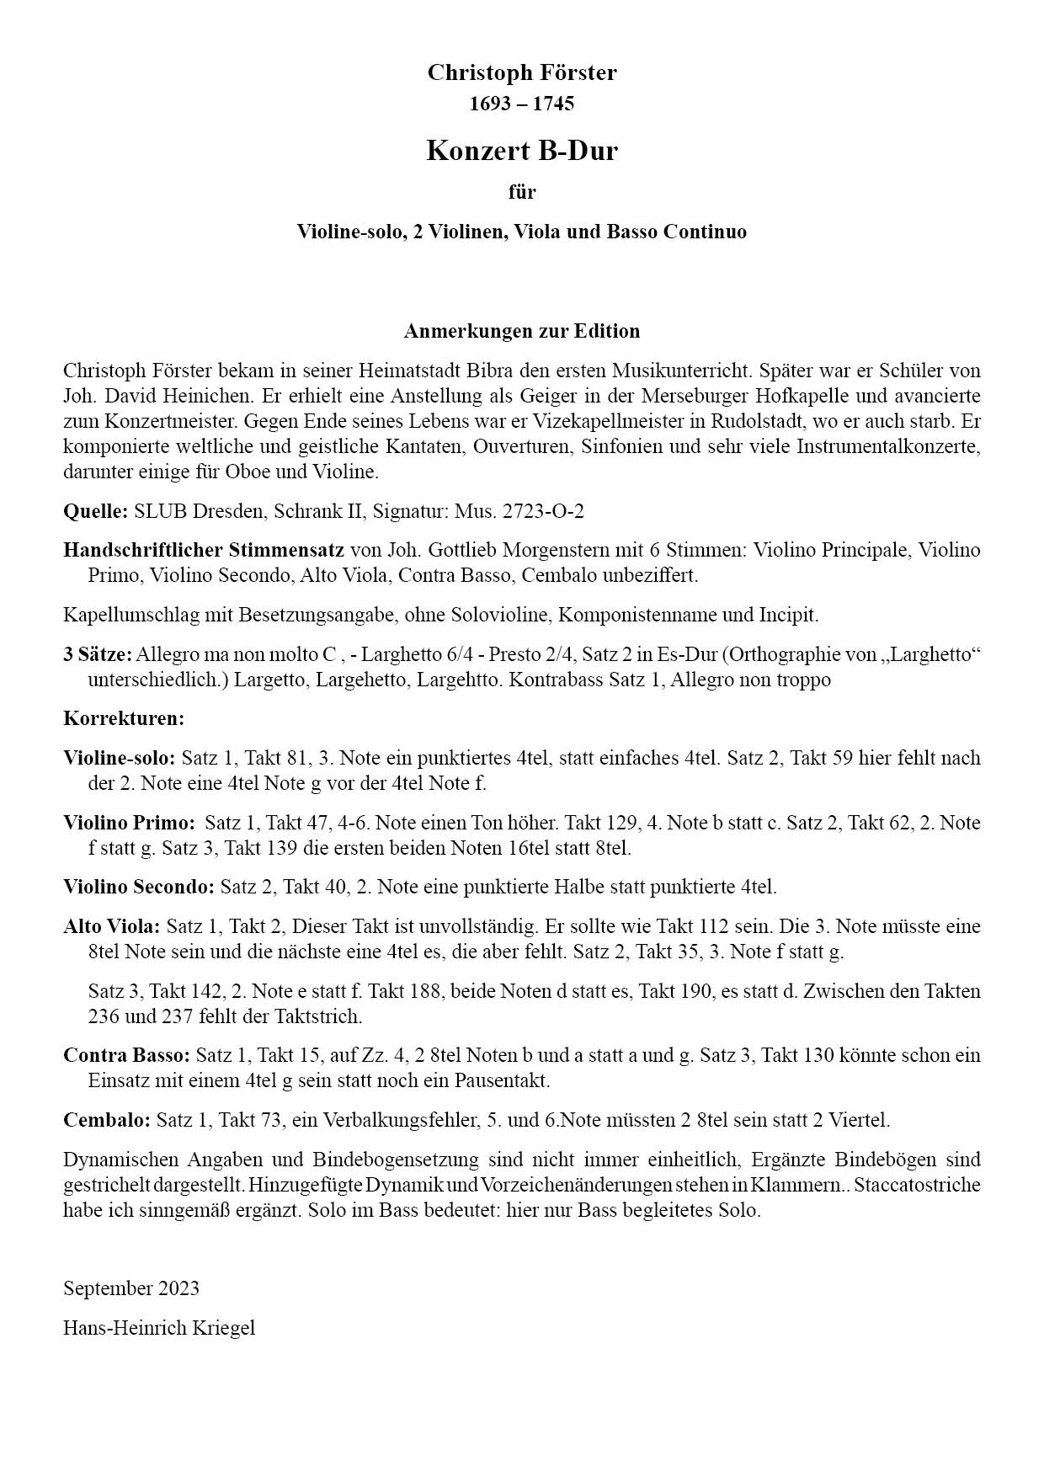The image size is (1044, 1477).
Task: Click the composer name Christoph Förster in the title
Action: pos(521,73)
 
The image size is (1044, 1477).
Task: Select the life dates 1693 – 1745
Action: pos(521,104)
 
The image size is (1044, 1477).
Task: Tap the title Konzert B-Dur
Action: pos(521,151)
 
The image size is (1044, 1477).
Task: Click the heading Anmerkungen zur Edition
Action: pos(521,331)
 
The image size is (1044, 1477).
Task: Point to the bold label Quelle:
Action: pos(95,511)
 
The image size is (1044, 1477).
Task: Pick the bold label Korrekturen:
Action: pos(123,719)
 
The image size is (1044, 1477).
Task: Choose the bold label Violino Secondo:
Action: pos(139,887)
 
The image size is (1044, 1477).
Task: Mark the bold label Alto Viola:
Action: pos(111,926)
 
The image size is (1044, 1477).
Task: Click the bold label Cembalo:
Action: pos(107,1120)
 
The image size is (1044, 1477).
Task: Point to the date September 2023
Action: pos(131,1288)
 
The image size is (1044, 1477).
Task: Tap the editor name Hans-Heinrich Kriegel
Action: pos(158,1328)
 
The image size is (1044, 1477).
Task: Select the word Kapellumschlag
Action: pos(119,615)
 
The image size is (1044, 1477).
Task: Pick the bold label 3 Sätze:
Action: pos(97,654)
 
